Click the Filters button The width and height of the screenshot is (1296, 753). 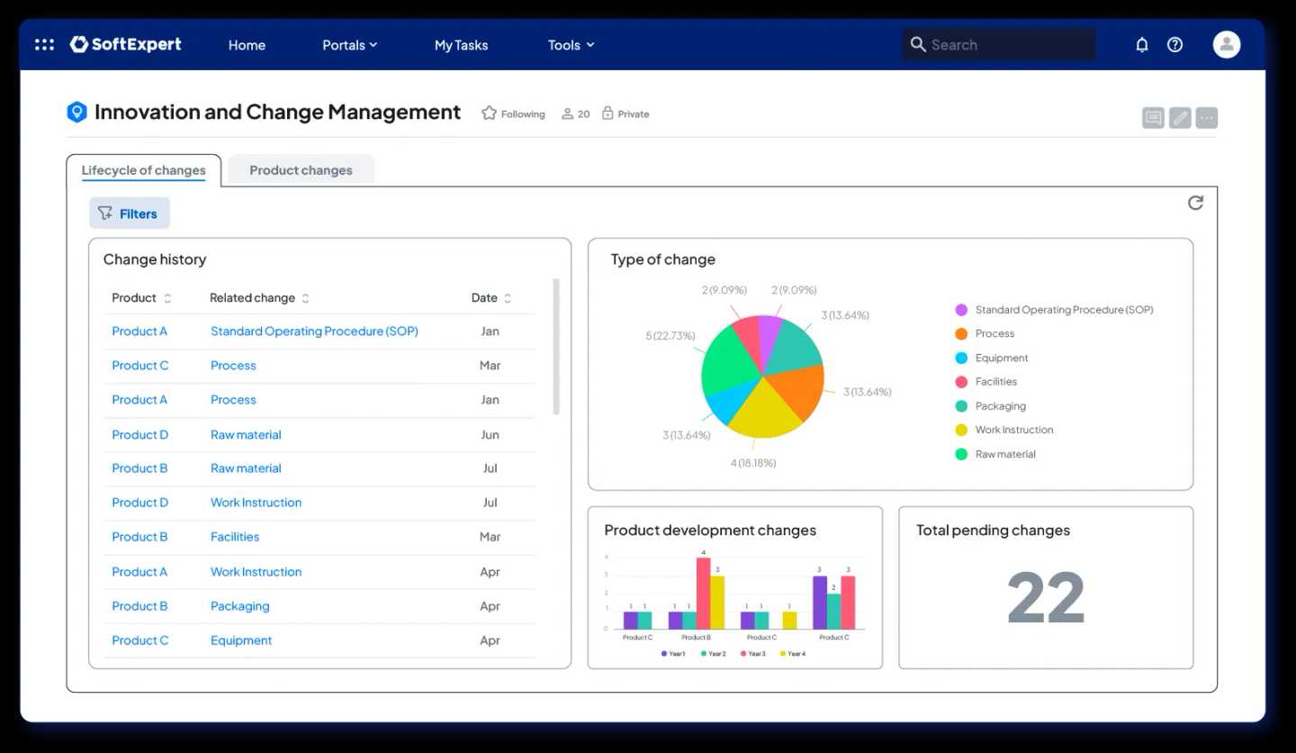(x=129, y=213)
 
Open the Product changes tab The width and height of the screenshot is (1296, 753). (x=301, y=170)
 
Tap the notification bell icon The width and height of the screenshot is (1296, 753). (x=1141, y=45)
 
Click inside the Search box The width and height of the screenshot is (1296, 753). (x=999, y=45)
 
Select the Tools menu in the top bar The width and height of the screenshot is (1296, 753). (x=571, y=45)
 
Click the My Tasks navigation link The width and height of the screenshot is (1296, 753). (x=461, y=45)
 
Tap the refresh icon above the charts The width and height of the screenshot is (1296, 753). (x=1195, y=204)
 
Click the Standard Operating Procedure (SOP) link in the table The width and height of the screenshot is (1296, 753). (x=314, y=331)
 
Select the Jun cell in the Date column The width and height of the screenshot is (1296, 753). (x=490, y=434)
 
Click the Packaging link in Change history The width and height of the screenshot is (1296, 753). (x=239, y=606)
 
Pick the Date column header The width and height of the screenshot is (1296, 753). (x=484, y=298)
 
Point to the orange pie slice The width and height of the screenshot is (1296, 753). (x=797, y=389)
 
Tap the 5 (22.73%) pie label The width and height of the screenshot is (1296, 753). (x=670, y=336)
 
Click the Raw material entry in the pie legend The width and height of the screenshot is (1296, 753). (x=1004, y=454)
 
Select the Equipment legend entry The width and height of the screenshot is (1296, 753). (x=1001, y=358)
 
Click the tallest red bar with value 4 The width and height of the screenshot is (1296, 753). (x=703, y=593)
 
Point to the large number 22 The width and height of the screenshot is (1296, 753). (x=1045, y=598)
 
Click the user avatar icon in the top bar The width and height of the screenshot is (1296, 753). (x=1226, y=45)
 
